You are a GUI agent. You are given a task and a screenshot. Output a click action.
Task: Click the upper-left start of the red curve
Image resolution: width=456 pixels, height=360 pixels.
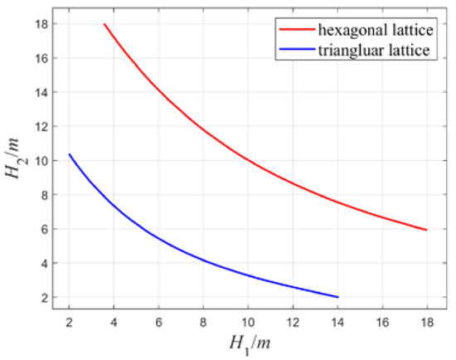pos(104,24)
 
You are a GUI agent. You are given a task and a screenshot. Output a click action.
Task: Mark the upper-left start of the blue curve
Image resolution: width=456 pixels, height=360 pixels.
pos(70,154)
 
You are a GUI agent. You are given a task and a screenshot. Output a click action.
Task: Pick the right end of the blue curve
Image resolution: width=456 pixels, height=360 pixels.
pos(337,297)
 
